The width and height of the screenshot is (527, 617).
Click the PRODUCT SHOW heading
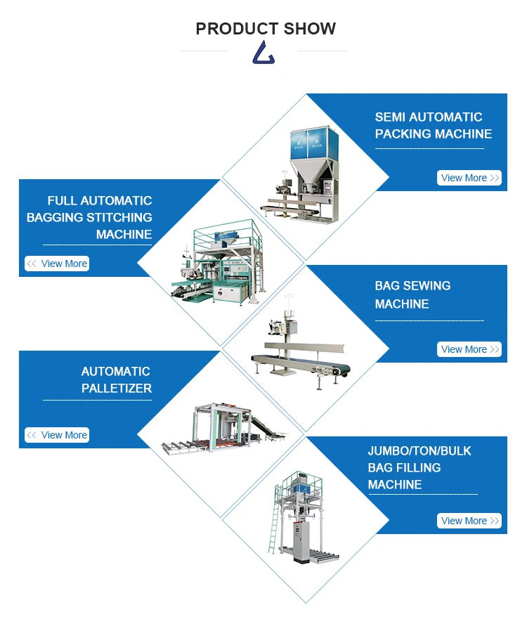click(x=266, y=29)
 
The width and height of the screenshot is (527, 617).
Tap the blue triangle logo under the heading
click(x=263, y=53)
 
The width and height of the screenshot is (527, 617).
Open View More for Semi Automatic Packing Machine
click(x=469, y=178)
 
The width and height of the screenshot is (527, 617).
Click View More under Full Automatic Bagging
click(x=57, y=264)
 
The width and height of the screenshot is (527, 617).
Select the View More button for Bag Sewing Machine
click(x=469, y=349)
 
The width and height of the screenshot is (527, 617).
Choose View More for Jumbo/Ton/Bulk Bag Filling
click(x=469, y=521)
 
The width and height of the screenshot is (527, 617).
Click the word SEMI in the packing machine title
click(x=389, y=117)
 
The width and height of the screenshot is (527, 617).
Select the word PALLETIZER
click(x=117, y=388)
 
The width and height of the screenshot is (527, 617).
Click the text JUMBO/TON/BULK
click(x=419, y=450)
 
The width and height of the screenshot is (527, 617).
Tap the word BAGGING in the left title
click(x=56, y=218)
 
